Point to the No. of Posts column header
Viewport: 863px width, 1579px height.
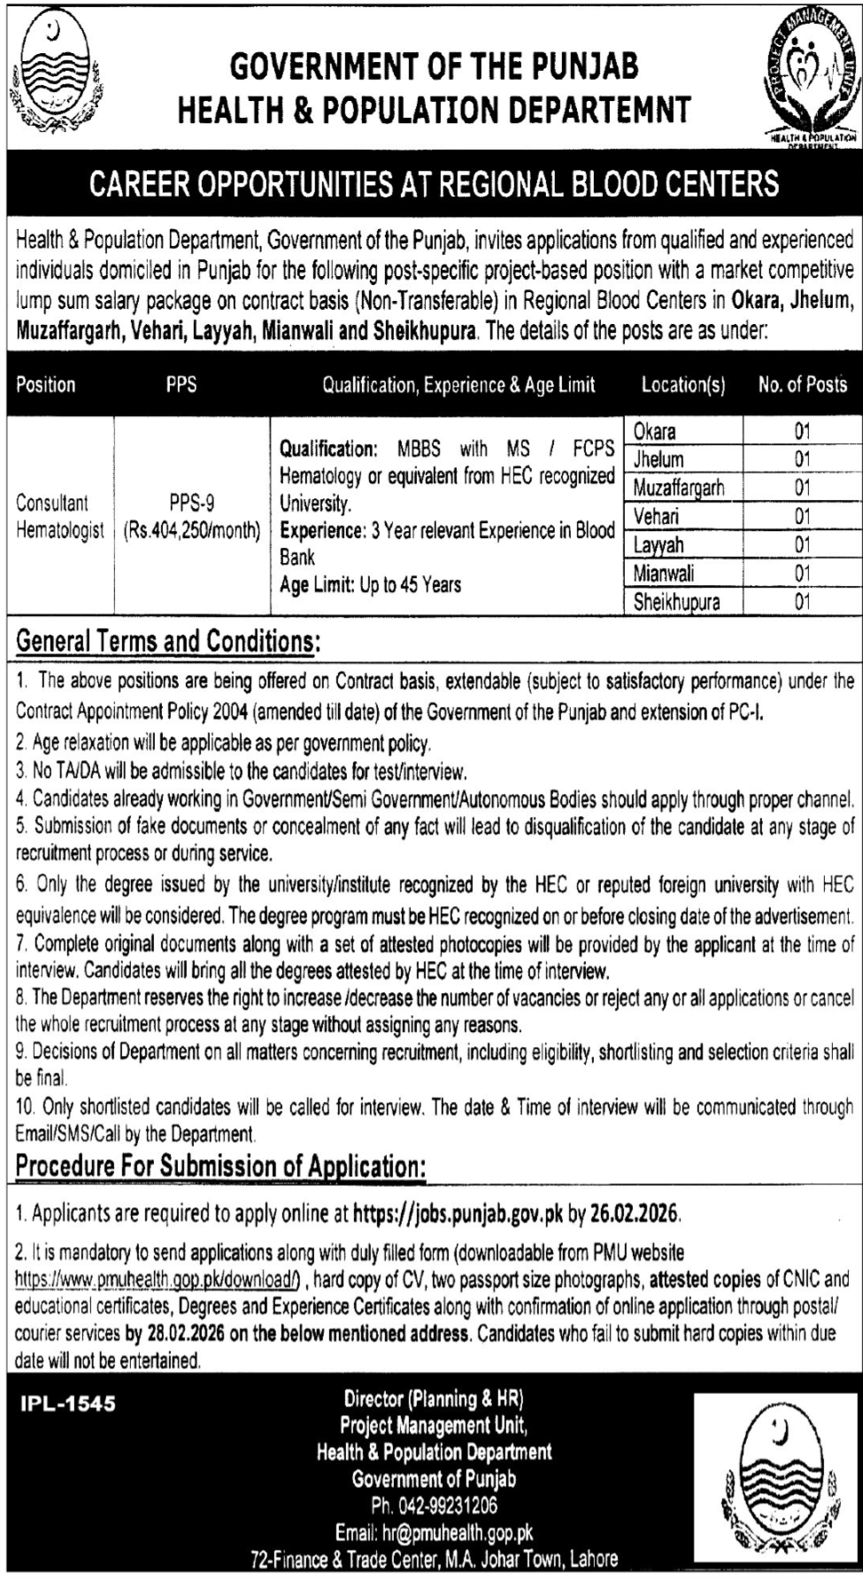(x=802, y=385)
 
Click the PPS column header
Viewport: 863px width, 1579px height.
(x=181, y=385)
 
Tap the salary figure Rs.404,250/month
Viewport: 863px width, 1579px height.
(x=192, y=531)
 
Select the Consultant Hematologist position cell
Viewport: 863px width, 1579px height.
(x=59, y=517)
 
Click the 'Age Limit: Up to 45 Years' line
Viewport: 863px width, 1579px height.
(x=370, y=585)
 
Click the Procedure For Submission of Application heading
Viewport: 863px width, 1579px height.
(x=220, y=1167)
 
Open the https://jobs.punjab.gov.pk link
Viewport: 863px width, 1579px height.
(x=458, y=1214)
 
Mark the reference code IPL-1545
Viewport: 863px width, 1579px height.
(x=68, y=1404)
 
